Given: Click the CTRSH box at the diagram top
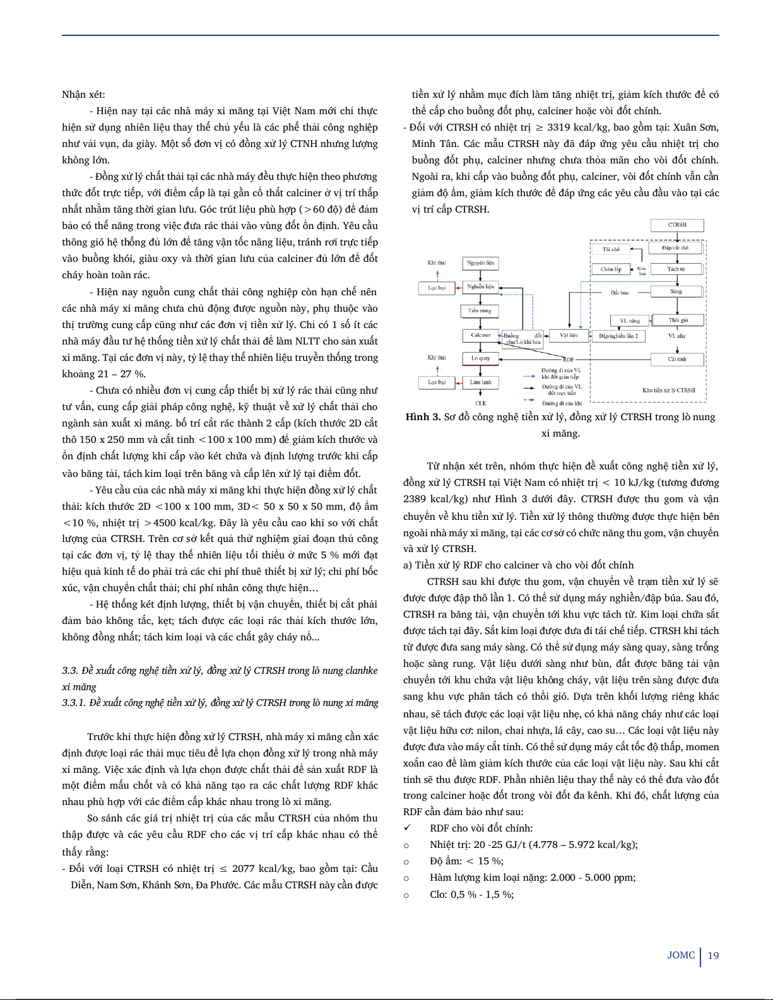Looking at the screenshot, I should (x=677, y=225).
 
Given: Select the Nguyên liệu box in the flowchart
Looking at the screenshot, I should (x=481, y=262).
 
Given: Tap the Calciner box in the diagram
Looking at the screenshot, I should (x=481, y=335).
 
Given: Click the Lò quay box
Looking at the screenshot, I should (x=481, y=358).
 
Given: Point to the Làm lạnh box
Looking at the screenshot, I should (x=481, y=382).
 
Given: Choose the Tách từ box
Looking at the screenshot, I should (x=676, y=269).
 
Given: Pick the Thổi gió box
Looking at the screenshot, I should (x=678, y=320).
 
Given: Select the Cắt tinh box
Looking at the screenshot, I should (x=677, y=359).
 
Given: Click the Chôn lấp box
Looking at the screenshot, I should (x=611, y=269).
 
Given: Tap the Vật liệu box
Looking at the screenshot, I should (x=569, y=335).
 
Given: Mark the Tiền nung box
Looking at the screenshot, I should (x=480, y=310).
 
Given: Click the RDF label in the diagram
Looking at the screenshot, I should (x=569, y=359).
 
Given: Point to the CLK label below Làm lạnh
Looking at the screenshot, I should (x=481, y=403).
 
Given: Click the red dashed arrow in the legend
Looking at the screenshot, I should (x=529, y=400).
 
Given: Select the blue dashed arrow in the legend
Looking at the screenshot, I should (x=529, y=376).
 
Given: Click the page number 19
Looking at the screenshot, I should (x=713, y=955).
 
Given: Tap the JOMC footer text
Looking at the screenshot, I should (x=681, y=955).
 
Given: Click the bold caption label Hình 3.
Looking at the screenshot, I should (x=423, y=417).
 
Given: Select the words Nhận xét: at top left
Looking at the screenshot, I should (x=83, y=95).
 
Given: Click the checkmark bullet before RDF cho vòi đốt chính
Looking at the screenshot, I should (x=408, y=828).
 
